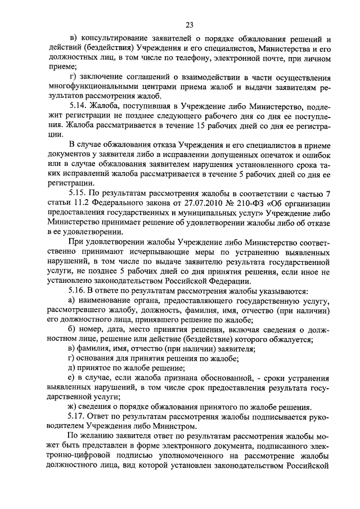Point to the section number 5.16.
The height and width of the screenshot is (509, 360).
[77, 291]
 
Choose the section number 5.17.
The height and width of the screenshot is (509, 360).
[77, 417]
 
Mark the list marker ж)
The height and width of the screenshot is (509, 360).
[70, 407]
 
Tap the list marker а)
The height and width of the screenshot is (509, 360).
[70, 302]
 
